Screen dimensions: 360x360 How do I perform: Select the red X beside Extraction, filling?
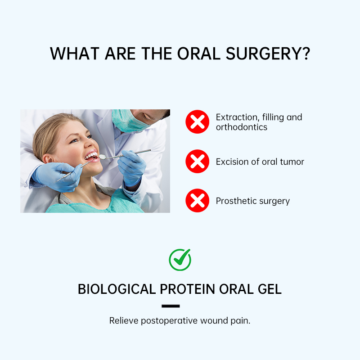click(198, 122)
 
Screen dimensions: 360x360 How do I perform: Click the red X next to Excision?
click(198, 162)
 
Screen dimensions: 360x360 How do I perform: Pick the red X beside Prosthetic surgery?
click(198, 201)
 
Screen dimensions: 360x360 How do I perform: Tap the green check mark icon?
click(180, 260)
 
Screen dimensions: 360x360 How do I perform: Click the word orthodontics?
click(242, 127)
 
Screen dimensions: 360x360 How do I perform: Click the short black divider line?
click(171, 306)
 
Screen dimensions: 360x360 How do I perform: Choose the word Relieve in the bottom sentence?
click(124, 321)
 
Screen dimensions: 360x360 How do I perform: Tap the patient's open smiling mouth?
click(91, 156)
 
